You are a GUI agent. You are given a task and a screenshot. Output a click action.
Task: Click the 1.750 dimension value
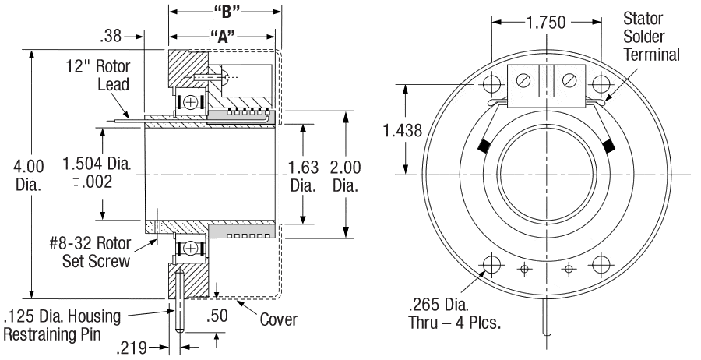click(x=546, y=22)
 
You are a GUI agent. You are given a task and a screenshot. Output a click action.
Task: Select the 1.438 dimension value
click(x=403, y=131)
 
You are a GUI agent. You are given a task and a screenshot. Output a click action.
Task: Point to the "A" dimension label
click(x=222, y=36)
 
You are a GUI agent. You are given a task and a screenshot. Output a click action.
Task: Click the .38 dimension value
click(x=111, y=36)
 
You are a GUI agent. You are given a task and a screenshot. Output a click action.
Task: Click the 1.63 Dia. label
click(x=301, y=175)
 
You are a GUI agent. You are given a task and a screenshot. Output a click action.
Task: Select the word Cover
click(x=278, y=319)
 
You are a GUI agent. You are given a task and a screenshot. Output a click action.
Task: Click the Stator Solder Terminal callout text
click(x=651, y=37)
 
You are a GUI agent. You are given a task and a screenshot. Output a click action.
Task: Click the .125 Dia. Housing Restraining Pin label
click(x=62, y=326)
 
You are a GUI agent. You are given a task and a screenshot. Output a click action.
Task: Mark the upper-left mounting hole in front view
click(x=492, y=83)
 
